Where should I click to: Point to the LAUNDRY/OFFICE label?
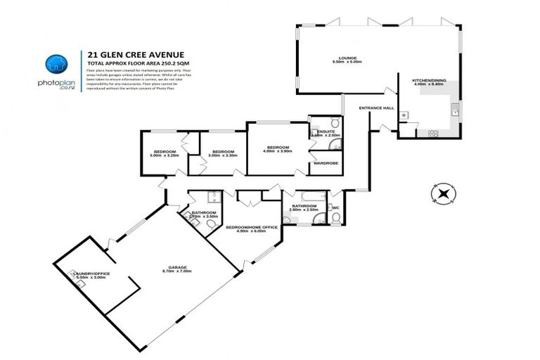coord(90,274)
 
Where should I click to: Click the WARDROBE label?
coord(326,163)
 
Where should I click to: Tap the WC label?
coord(335,207)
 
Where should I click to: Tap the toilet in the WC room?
coord(337,217)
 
